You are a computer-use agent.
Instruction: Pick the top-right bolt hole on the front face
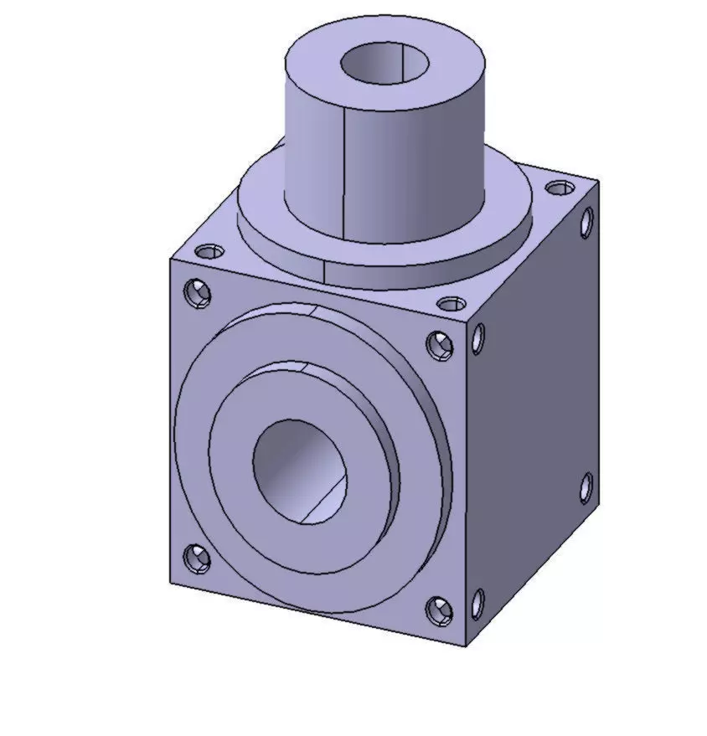438,344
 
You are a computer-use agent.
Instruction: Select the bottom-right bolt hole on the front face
438,610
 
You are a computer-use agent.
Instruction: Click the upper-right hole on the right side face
586,221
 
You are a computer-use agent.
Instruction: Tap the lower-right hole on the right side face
586,487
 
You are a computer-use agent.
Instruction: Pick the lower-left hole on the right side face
477,604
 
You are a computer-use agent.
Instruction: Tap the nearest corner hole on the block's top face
452,303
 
